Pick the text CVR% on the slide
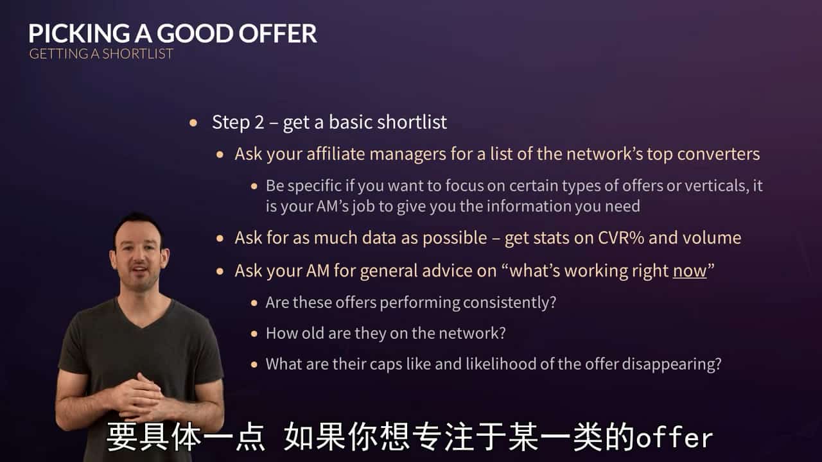(x=613, y=238)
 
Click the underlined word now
(x=689, y=271)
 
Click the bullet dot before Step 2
(x=194, y=123)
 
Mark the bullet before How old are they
(x=255, y=334)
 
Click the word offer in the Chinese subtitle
(x=674, y=438)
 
